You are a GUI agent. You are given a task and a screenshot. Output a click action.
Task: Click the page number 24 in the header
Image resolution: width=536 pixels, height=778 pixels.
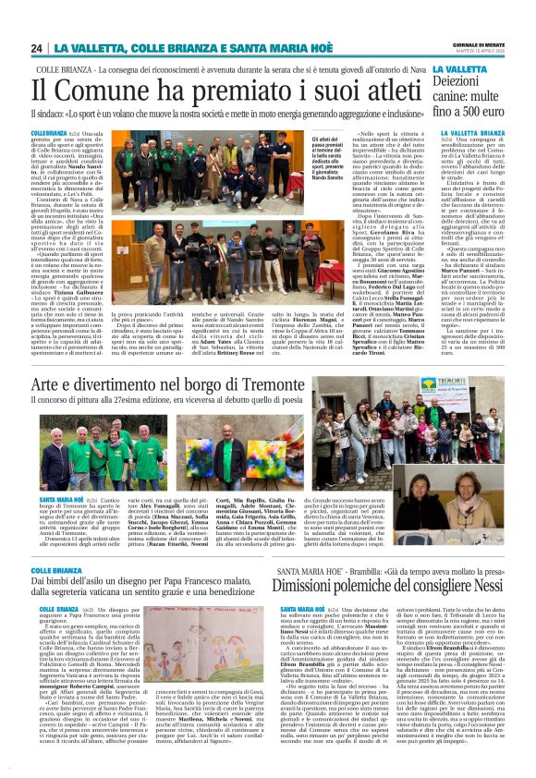[37, 48]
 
